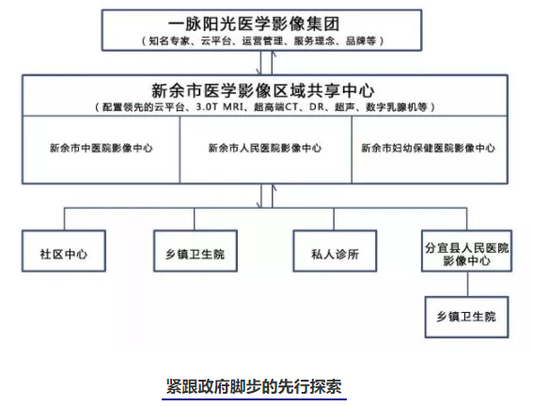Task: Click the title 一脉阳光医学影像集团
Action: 254,23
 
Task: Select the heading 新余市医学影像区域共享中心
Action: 263,91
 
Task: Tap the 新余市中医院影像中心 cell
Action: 101,148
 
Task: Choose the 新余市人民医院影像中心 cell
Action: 265,148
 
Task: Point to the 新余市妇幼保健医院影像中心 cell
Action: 429,148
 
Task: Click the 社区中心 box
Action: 64,251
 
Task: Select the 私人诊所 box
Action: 335,251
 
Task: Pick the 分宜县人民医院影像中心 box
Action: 466,251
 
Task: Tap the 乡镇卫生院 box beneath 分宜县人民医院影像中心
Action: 466,317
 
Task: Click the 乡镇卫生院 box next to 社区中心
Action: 196,251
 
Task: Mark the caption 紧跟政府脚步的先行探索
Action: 254,386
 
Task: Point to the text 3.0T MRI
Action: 220,107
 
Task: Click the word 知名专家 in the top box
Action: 169,41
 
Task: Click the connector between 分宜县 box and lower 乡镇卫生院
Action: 468,284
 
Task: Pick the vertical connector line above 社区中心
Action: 64,219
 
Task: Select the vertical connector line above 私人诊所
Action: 334,219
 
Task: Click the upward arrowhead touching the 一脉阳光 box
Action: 273,55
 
